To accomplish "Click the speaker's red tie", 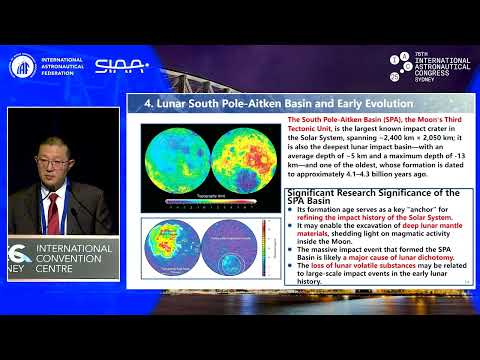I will [x=52, y=208].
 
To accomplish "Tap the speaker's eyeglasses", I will [x=51, y=159].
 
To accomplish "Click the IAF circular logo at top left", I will [x=22, y=66].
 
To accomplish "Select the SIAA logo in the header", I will [x=122, y=66].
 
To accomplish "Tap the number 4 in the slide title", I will [x=148, y=103].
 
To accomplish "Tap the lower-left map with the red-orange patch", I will [x=173, y=250].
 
